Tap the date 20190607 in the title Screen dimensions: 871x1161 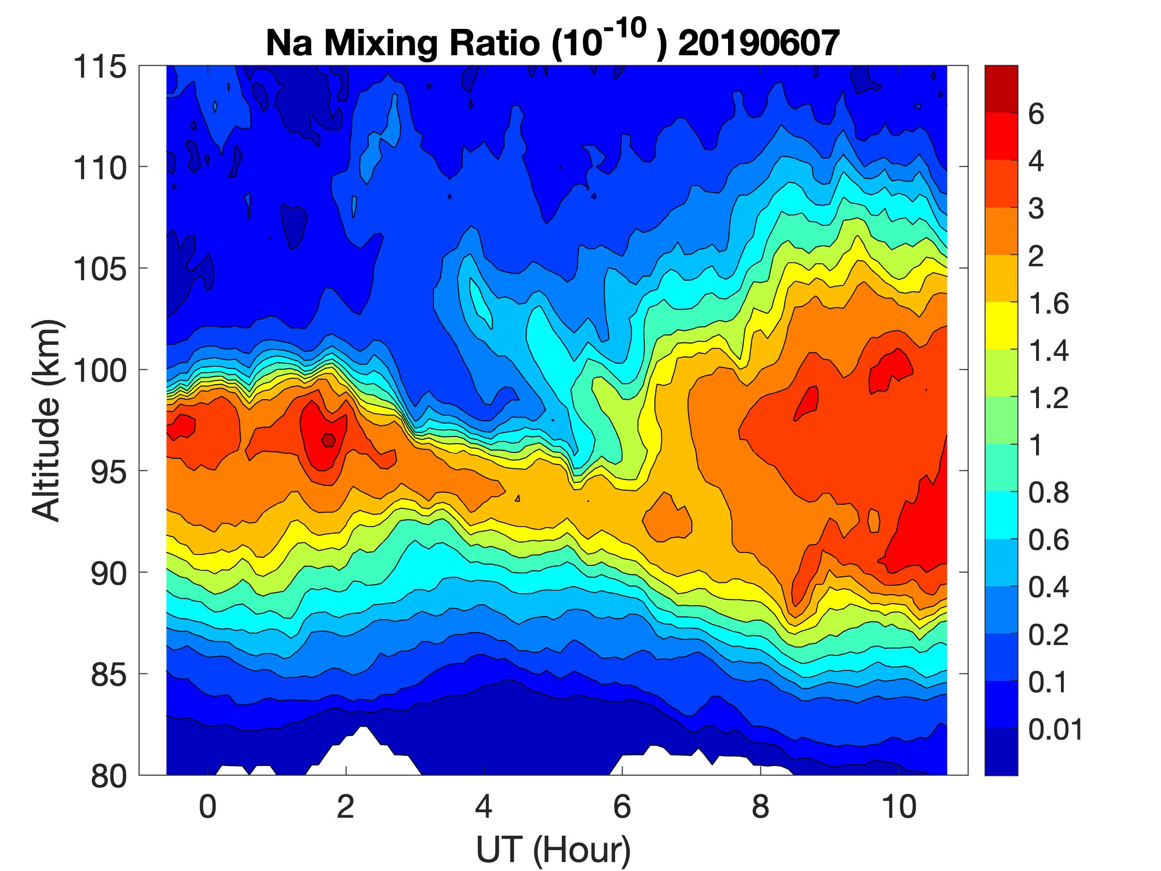(x=758, y=43)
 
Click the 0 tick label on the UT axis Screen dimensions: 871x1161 (x=208, y=806)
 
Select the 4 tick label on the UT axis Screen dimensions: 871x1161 (x=483, y=806)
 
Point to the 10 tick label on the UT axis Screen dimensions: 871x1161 (x=899, y=806)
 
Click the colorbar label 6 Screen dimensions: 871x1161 (x=1036, y=114)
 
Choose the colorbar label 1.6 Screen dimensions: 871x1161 (x=1048, y=304)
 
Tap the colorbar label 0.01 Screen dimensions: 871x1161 (x=1055, y=730)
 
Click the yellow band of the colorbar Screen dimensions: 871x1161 (x=1001, y=326)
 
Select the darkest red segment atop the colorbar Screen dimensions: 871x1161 (x=1001, y=88)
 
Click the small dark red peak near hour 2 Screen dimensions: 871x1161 (x=328, y=440)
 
